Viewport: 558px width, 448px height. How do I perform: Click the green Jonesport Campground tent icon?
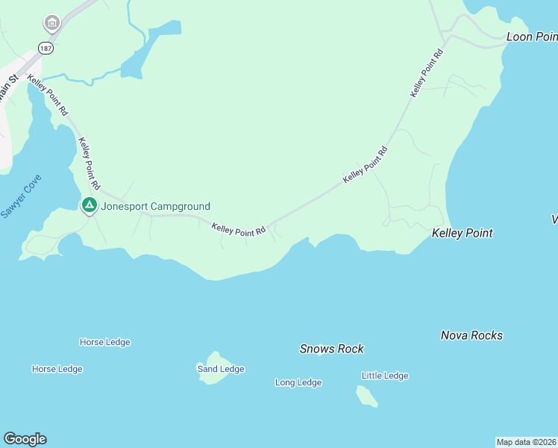89,205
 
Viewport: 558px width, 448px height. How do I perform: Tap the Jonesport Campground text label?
156,207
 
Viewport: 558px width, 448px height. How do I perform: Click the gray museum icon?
51,22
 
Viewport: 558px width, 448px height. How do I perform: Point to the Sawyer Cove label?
21,196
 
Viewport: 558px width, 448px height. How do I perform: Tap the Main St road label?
8,93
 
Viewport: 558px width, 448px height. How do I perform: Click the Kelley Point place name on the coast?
462,233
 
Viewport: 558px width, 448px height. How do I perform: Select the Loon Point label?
531,36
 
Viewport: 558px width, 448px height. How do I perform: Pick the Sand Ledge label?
220,369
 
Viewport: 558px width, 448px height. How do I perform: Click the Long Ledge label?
298,382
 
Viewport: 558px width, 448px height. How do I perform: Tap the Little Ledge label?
385,376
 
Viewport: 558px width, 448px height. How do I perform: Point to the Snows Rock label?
331,349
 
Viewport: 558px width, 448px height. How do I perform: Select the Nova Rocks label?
471,335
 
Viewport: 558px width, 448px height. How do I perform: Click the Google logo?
25,439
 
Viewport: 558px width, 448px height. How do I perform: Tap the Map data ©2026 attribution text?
526,442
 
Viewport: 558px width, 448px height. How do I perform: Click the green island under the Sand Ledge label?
214,377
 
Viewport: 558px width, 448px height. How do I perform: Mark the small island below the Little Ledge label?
367,396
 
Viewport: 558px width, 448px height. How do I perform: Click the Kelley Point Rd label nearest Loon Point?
427,72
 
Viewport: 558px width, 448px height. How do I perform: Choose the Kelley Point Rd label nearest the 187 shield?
48,95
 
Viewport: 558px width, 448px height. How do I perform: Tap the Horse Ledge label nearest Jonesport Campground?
104,342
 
